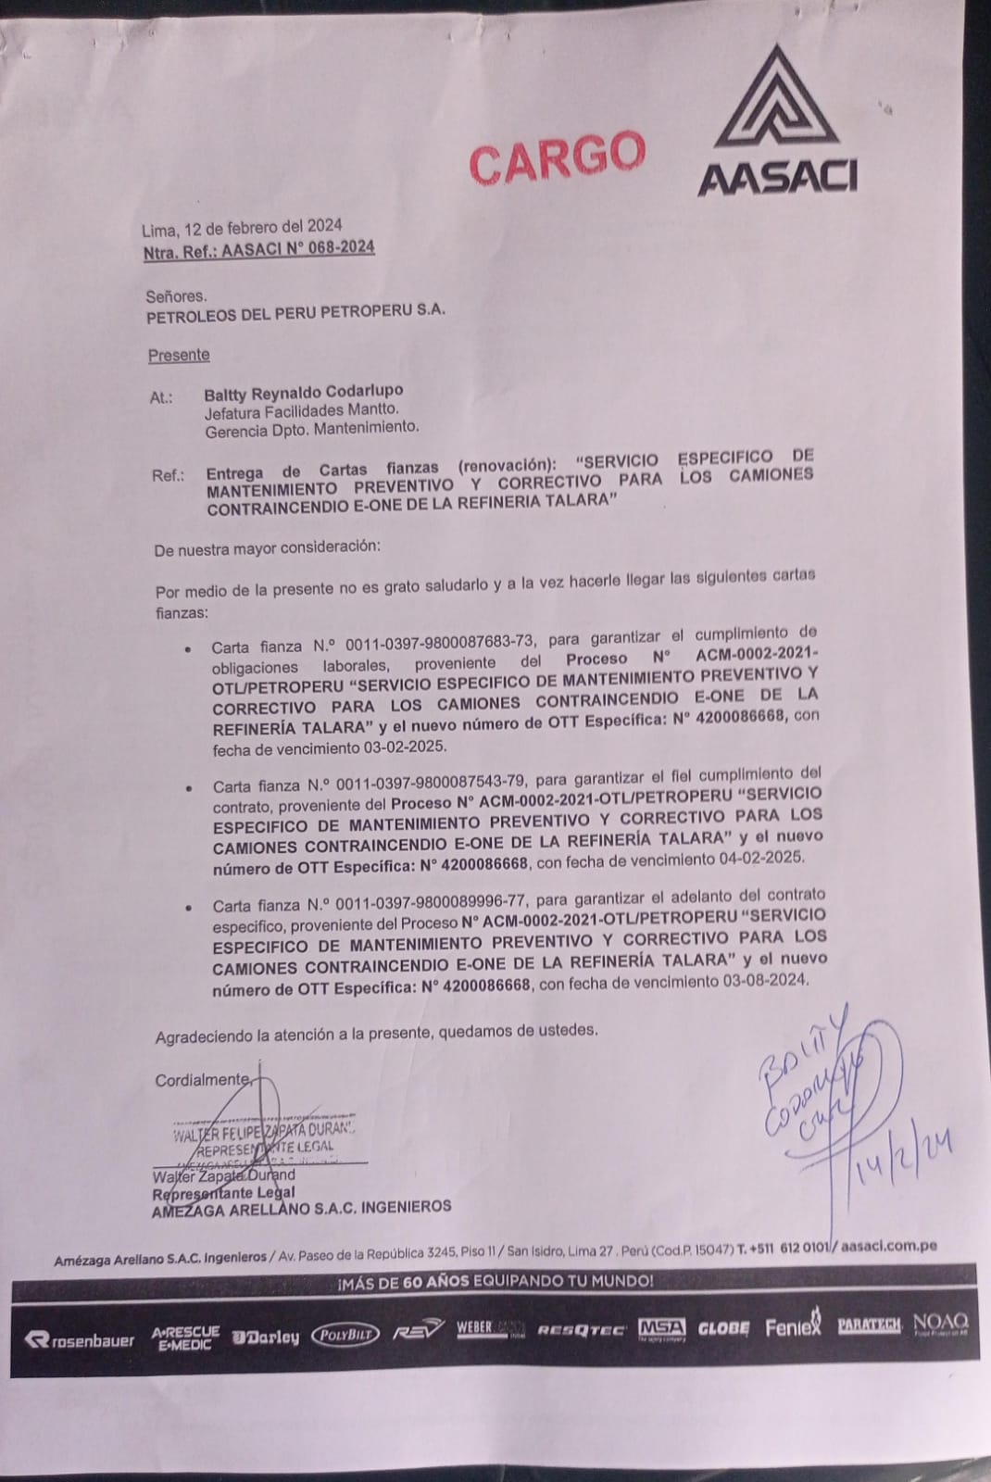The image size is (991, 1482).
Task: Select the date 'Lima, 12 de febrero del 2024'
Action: [242, 226]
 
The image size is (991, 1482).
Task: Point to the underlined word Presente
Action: [179, 355]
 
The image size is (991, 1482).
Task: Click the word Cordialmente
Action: [203, 1080]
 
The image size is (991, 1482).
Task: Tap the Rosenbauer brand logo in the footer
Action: [80, 1339]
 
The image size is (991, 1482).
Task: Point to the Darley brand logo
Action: [266, 1337]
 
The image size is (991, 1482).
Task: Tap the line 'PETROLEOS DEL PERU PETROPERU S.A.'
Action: [296, 312]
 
